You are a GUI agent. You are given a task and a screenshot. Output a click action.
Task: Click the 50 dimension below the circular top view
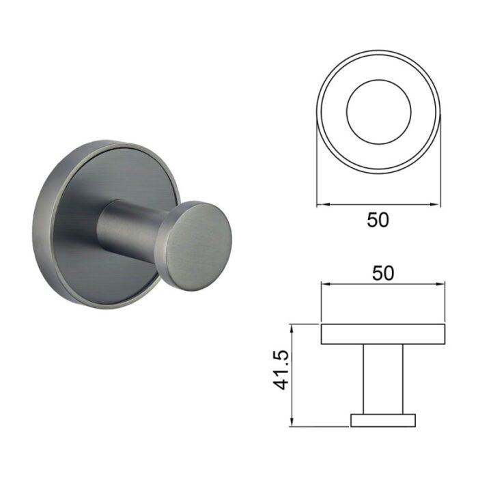tap(378, 220)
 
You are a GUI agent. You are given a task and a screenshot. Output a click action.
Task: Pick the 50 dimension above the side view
tap(383, 273)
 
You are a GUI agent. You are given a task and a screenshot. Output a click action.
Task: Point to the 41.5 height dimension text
tap(281, 370)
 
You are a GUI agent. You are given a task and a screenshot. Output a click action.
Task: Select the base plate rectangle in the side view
tap(383, 334)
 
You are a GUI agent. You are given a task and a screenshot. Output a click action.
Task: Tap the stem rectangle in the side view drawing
tap(383, 379)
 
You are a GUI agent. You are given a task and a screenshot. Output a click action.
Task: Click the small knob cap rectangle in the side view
tap(383, 420)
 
